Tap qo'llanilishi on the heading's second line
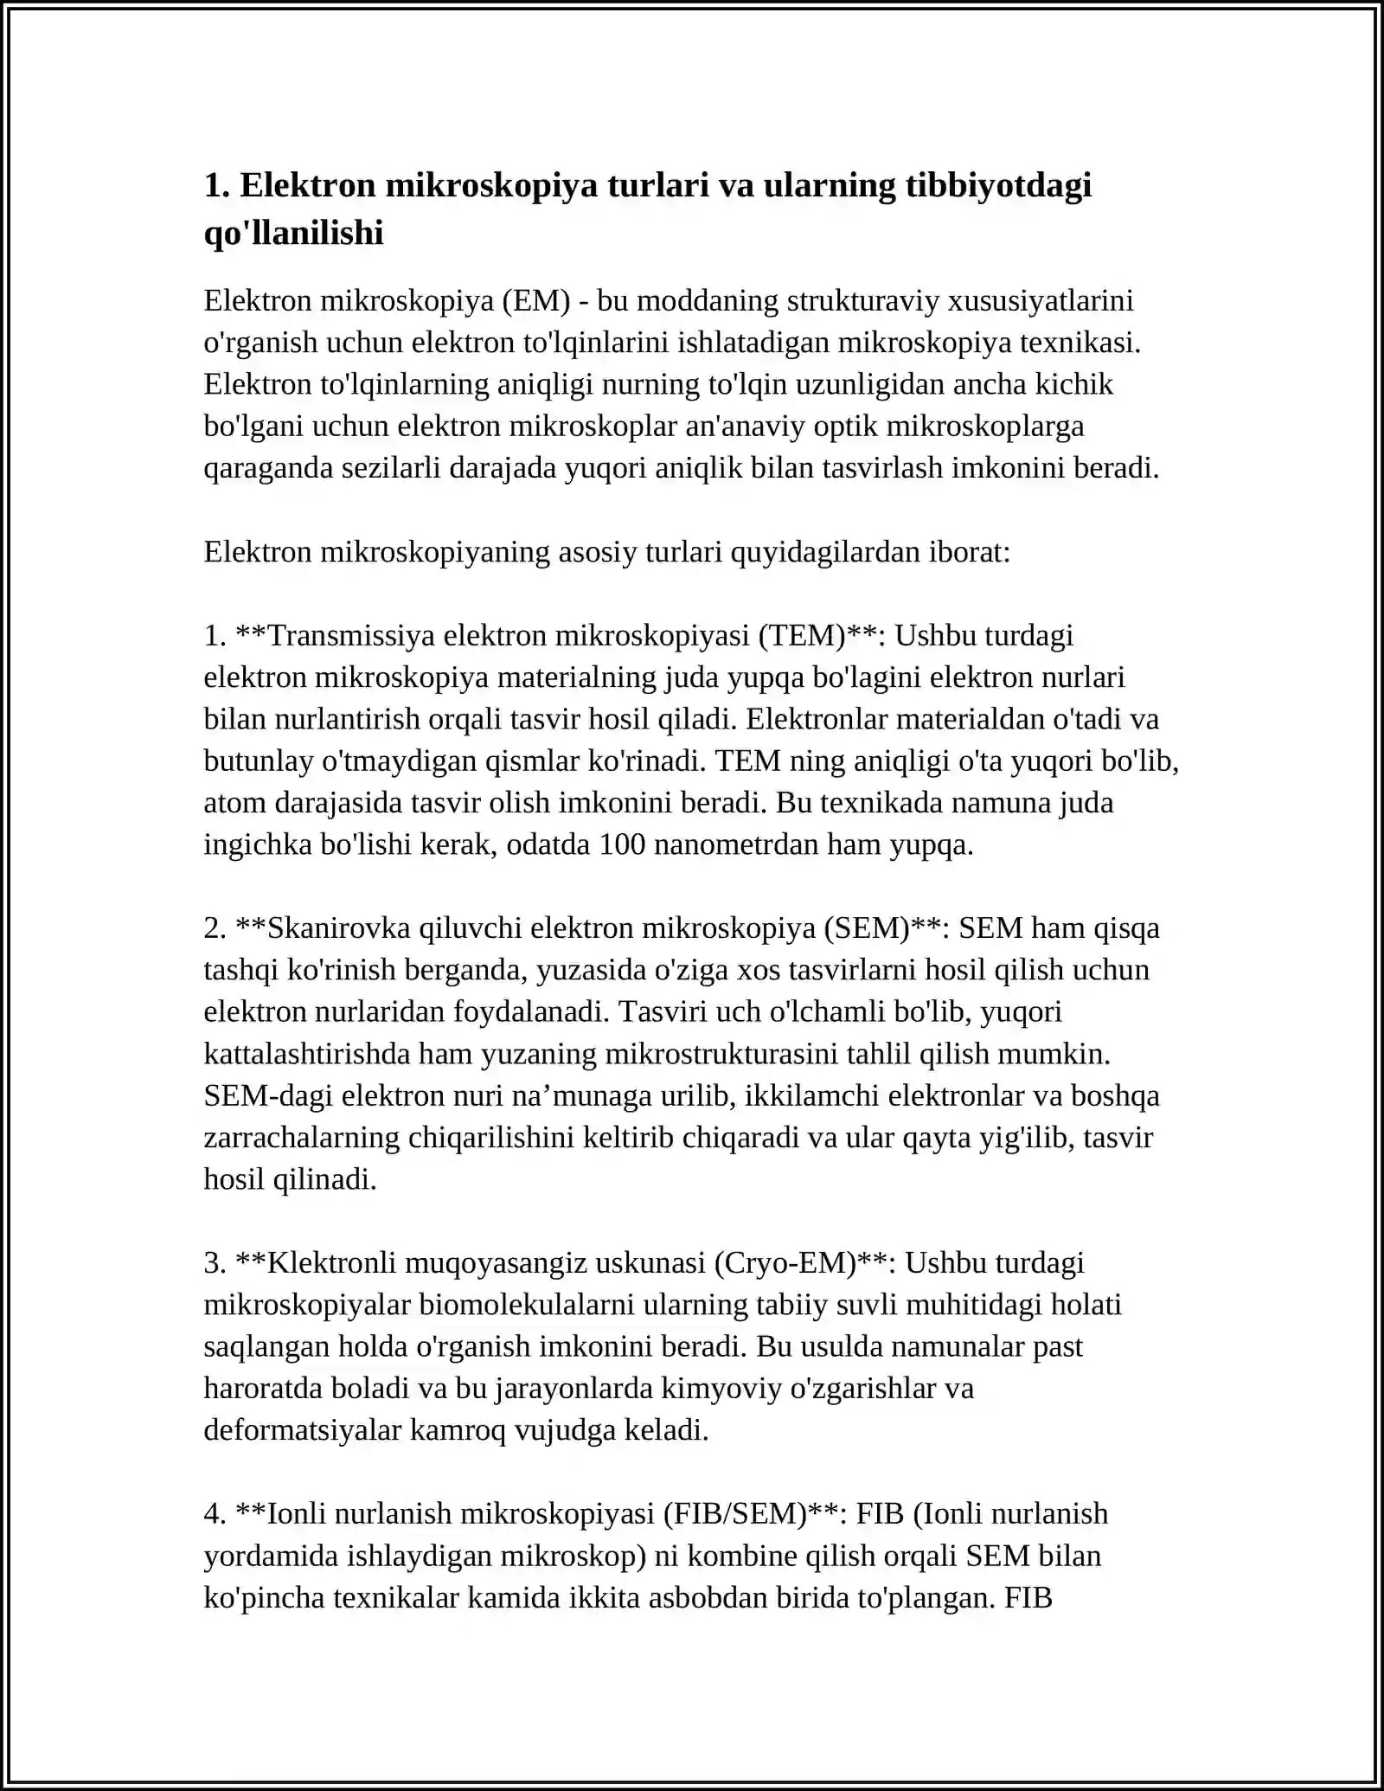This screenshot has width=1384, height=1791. [293, 233]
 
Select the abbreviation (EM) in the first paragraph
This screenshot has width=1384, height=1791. [535, 301]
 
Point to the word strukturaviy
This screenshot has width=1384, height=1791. [864, 301]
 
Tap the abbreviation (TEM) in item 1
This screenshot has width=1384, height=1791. [801, 636]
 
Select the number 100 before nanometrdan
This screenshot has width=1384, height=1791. [622, 844]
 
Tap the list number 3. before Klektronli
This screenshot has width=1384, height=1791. [215, 1263]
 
